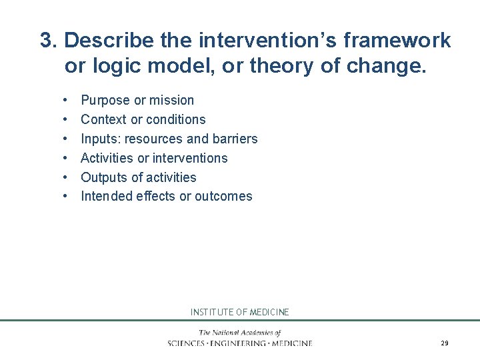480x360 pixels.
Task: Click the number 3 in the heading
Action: (x=47, y=41)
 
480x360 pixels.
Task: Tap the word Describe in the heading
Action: (x=109, y=41)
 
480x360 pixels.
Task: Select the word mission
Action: (x=171, y=101)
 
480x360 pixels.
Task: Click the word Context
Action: (x=103, y=120)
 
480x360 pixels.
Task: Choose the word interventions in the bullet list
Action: (x=190, y=159)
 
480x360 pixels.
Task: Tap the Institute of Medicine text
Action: (x=240, y=312)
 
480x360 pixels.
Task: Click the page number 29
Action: (x=444, y=343)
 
